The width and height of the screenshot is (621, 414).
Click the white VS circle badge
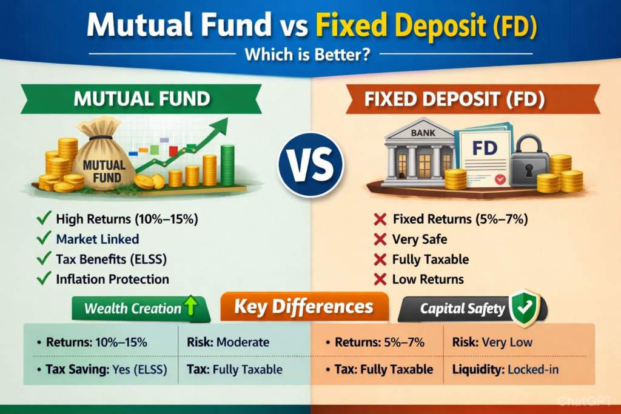coord(311,164)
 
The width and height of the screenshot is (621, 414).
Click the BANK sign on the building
coord(423,133)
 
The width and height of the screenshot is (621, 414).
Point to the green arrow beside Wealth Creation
coord(190,305)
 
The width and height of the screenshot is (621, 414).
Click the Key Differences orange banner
coord(304,306)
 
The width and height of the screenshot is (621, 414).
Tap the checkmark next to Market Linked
coord(44,238)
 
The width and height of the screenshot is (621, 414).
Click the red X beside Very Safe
coord(380,239)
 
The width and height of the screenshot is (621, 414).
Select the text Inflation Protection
coord(112,279)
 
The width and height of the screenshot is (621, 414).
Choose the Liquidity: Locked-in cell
coord(505,370)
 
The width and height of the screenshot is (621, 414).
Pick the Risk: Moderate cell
coord(228,342)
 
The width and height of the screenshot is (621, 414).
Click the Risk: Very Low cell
coord(492,342)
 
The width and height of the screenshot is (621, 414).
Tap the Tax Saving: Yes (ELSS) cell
coord(102,370)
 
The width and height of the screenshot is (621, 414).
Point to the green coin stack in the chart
coord(227,165)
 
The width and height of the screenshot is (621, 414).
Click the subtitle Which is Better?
coord(307,54)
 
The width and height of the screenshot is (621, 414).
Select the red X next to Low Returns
coord(380,279)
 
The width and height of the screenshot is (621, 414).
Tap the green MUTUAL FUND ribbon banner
coord(141,99)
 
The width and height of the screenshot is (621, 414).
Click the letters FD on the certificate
coord(485,149)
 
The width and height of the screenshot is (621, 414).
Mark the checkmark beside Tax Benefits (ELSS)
coord(44,258)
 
